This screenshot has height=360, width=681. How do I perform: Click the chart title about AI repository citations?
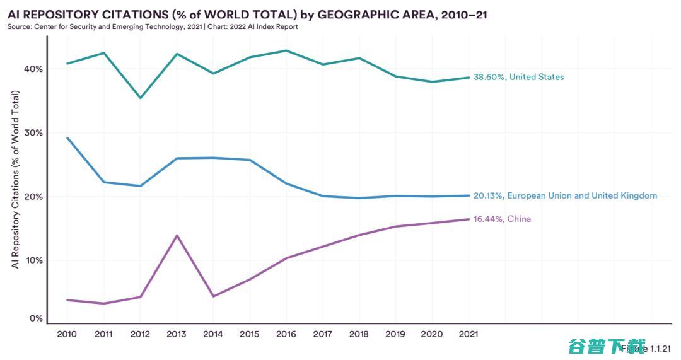(247, 15)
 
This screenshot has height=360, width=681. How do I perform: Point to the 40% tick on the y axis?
(34, 69)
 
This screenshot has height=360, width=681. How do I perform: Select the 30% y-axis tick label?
(34, 132)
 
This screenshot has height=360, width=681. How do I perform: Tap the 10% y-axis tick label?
(34, 260)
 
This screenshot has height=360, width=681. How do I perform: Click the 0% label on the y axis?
(37, 318)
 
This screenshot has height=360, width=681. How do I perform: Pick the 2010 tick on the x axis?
(67, 334)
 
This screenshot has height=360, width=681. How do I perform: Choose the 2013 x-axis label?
(177, 334)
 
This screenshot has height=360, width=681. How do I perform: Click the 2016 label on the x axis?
(286, 334)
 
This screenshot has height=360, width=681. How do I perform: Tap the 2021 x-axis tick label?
(469, 334)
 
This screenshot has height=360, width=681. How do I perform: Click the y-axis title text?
(16, 180)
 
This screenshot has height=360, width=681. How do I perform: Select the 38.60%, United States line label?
(518, 77)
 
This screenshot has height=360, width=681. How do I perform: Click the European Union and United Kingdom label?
(565, 195)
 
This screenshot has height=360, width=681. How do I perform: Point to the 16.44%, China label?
(502, 219)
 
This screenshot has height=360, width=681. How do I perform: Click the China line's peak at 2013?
(177, 235)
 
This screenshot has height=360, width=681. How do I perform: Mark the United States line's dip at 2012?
(140, 98)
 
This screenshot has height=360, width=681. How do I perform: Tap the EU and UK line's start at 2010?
(67, 137)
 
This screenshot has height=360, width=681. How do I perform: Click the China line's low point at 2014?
(214, 296)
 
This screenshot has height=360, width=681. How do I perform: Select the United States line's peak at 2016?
(286, 50)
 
